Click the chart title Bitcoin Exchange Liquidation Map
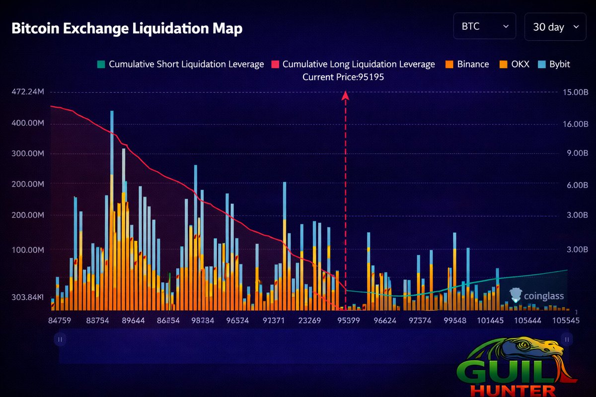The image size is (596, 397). [x=127, y=28]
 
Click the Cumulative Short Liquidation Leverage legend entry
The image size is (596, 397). [x=181, y=64]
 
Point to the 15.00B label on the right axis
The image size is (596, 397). [x=575, y=92]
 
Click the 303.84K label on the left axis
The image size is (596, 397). [x=28, y=297]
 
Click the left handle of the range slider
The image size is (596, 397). [x=60, y=339]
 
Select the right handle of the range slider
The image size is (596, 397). [x=567, y=339]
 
